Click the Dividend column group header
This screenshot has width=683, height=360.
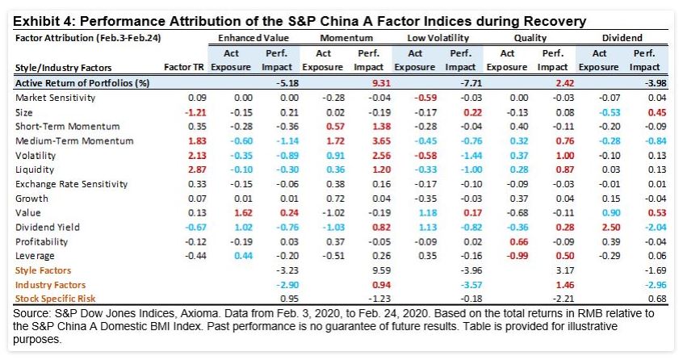tap(622, 38)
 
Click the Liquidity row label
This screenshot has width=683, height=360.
tap(35, 170)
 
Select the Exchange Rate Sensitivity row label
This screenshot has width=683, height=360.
tap(71, 184)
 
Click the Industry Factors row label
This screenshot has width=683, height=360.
tap(50, 285)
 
